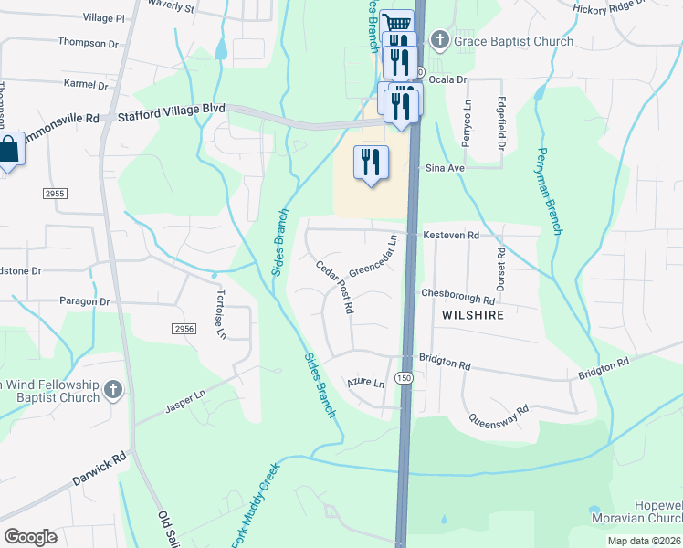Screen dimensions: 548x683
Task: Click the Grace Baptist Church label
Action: click(515, 41)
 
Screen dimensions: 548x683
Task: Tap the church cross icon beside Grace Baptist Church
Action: click(440, 41)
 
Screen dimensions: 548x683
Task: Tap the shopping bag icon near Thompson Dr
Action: click(8, 151)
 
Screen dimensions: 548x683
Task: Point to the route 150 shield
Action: click(403, 377)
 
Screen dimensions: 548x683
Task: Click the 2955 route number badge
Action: click(56, 194)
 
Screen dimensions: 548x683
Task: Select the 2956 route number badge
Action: click(184, 328)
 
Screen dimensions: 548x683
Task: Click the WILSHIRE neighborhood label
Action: click(473, 314)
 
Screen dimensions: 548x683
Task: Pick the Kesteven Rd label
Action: click(451, 236)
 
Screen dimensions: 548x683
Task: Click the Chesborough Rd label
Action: click(457, 296)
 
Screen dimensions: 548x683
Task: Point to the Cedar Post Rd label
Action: click(334, 287)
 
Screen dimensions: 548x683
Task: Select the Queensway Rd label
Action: click(499, 416)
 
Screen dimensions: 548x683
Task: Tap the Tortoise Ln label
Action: click(220, 314)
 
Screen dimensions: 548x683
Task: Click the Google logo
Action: click(30, 537)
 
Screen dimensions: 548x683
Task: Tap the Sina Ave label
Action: click(444, 169)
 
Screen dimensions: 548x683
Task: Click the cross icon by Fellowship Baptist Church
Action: click(113, 391)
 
